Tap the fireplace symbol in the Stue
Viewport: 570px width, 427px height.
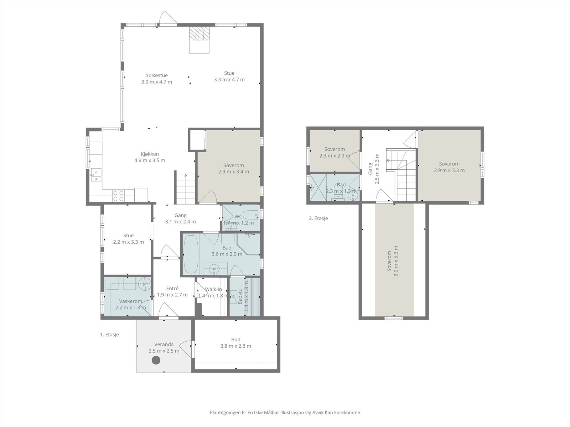[199, 35]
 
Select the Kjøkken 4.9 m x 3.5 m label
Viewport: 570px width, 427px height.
[150, 157]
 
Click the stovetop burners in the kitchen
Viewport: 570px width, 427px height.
[118, 196]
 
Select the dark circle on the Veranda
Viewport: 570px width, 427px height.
[156, 360]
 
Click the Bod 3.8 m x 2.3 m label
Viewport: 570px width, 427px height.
[235, 343]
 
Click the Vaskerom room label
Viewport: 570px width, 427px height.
[130, 304]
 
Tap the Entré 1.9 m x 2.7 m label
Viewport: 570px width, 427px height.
[172, 291]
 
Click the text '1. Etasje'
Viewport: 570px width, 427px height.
[109, 334]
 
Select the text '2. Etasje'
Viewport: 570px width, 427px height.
[318, 218]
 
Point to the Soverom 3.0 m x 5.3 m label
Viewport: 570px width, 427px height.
[393, 261]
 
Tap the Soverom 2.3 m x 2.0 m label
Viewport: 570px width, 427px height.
[335, 152]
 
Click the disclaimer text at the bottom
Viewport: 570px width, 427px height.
[285, 412]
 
